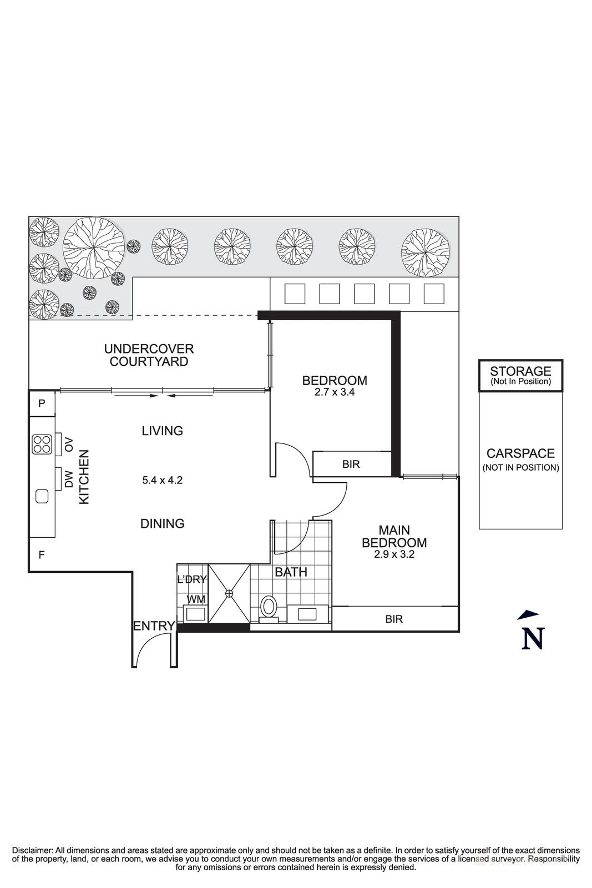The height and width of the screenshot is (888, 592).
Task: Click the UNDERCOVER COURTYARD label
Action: point(149,355)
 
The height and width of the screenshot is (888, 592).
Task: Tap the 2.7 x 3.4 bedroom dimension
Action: point(335,392)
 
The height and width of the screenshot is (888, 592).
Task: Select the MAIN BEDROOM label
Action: point(394,536)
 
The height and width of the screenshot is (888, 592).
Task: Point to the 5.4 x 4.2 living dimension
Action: point(163,480)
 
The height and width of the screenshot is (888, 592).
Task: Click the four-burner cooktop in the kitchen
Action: point(42,445)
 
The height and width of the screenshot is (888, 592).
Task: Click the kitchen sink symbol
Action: point(42,496)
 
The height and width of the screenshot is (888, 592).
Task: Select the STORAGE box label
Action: point(520,371)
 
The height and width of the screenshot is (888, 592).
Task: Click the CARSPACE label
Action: point(520,453)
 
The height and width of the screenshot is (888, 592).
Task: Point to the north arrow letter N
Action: point(533,638)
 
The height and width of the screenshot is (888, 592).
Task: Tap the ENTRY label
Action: point(154,626)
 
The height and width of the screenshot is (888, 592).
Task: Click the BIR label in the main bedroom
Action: point(394,619)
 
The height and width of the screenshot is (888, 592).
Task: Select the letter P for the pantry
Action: point(42,403)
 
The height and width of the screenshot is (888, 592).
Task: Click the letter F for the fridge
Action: point(42,555)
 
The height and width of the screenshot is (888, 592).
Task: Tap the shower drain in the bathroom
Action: point(229,593)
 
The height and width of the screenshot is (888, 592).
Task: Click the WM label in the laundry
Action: point(196,599)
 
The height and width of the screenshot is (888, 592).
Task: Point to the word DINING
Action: point(163,523)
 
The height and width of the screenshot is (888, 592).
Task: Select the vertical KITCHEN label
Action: point(84,477)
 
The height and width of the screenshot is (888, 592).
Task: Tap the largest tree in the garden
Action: point(94,248)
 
